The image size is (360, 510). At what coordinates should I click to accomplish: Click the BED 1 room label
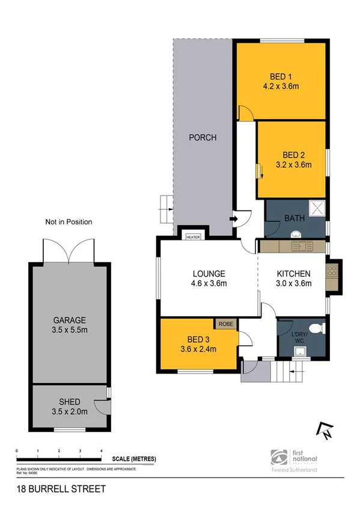(281, 76)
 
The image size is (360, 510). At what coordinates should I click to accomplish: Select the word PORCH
(203, 138)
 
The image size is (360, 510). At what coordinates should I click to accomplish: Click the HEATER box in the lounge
(193, 237)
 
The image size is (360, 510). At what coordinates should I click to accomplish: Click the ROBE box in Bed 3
(226, 324)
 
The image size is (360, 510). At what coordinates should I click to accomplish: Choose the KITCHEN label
(293, 274)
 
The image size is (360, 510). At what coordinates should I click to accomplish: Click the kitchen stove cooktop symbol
(331, 271)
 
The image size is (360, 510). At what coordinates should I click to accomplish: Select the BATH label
(294, 218)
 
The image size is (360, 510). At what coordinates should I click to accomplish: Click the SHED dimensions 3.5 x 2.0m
(70, 412)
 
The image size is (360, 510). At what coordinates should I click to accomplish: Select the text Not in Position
(69, 222)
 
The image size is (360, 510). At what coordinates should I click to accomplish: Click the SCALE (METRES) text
(134, 459)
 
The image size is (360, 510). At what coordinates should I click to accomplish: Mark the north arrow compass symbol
(326, 429)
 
